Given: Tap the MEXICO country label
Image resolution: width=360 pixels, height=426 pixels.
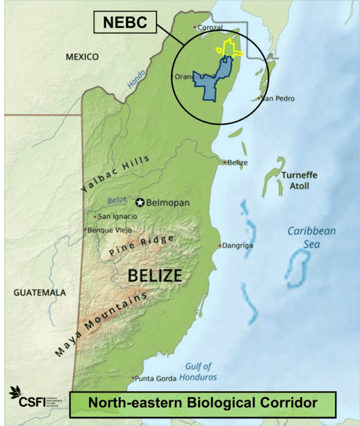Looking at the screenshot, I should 82,57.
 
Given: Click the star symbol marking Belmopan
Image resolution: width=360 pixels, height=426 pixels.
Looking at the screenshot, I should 140,203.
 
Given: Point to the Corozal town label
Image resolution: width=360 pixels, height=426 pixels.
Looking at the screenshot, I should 210,27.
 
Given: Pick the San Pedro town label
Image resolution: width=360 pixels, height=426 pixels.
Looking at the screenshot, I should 277,98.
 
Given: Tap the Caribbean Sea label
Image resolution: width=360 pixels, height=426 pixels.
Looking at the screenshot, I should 311,236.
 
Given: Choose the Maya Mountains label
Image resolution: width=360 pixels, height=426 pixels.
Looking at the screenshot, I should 100,325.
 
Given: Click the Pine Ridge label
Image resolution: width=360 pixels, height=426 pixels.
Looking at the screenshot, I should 141,245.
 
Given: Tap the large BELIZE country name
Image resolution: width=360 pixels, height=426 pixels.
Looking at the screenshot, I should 155,275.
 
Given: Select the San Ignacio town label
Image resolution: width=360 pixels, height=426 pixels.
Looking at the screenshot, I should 117,216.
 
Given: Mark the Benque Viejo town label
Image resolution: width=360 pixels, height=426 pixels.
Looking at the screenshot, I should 110,230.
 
